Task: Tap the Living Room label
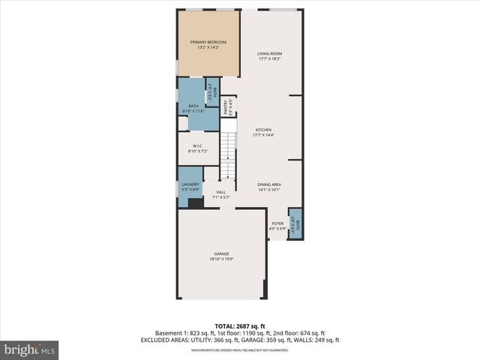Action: pyautogui.click(x=268, y=53)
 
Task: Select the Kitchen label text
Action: pyautogui.click(x=262, y=129)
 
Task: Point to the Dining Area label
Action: pyautogui.click(x=268, y=184)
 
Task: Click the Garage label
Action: pyautogui.click(x=221, y=254)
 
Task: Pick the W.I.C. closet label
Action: pyautogui.click(x=198, y=146)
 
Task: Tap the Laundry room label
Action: pyautogui.click(x=190, y=184)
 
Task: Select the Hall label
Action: pyautogui.click(x=221, y=192)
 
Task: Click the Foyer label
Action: pyautogui.click(x=277, y=223)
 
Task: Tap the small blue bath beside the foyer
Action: pyautogui.click(x=296, y=223)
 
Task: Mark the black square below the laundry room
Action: pyautogui.click(x=195, y=202)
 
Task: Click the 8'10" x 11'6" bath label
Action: pyautogui.click(x=193, y=112)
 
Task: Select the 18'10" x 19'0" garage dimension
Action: pyautogui.click(x=221, y=259)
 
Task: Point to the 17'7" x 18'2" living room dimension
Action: pyautogui.click(x=268, y=58)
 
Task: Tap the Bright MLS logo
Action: pyautogui.click(x=30, y=349)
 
